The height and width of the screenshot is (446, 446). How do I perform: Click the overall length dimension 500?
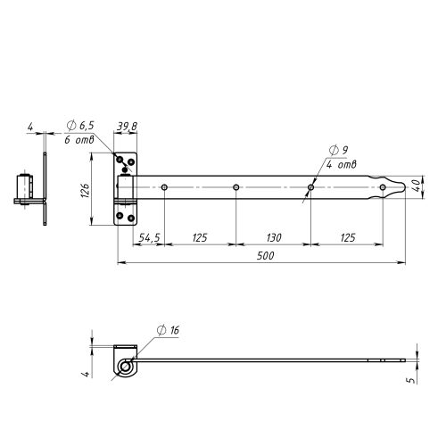pos(266,256)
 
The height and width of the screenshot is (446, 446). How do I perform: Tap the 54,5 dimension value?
pos(150,237)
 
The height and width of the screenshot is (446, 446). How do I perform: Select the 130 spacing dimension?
pos(274,237)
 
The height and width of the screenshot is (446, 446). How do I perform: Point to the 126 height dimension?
pos(85,190)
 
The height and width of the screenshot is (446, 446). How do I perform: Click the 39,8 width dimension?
pos(127,127)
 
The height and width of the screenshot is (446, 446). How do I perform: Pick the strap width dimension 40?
pos(417,185)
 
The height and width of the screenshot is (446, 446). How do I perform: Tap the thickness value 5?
pos(412,380)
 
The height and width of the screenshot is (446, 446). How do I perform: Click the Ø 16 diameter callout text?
pos(168,330)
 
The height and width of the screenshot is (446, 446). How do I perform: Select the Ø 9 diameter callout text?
pos(338,150)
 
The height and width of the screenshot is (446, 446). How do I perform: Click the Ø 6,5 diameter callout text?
pos(80,126)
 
